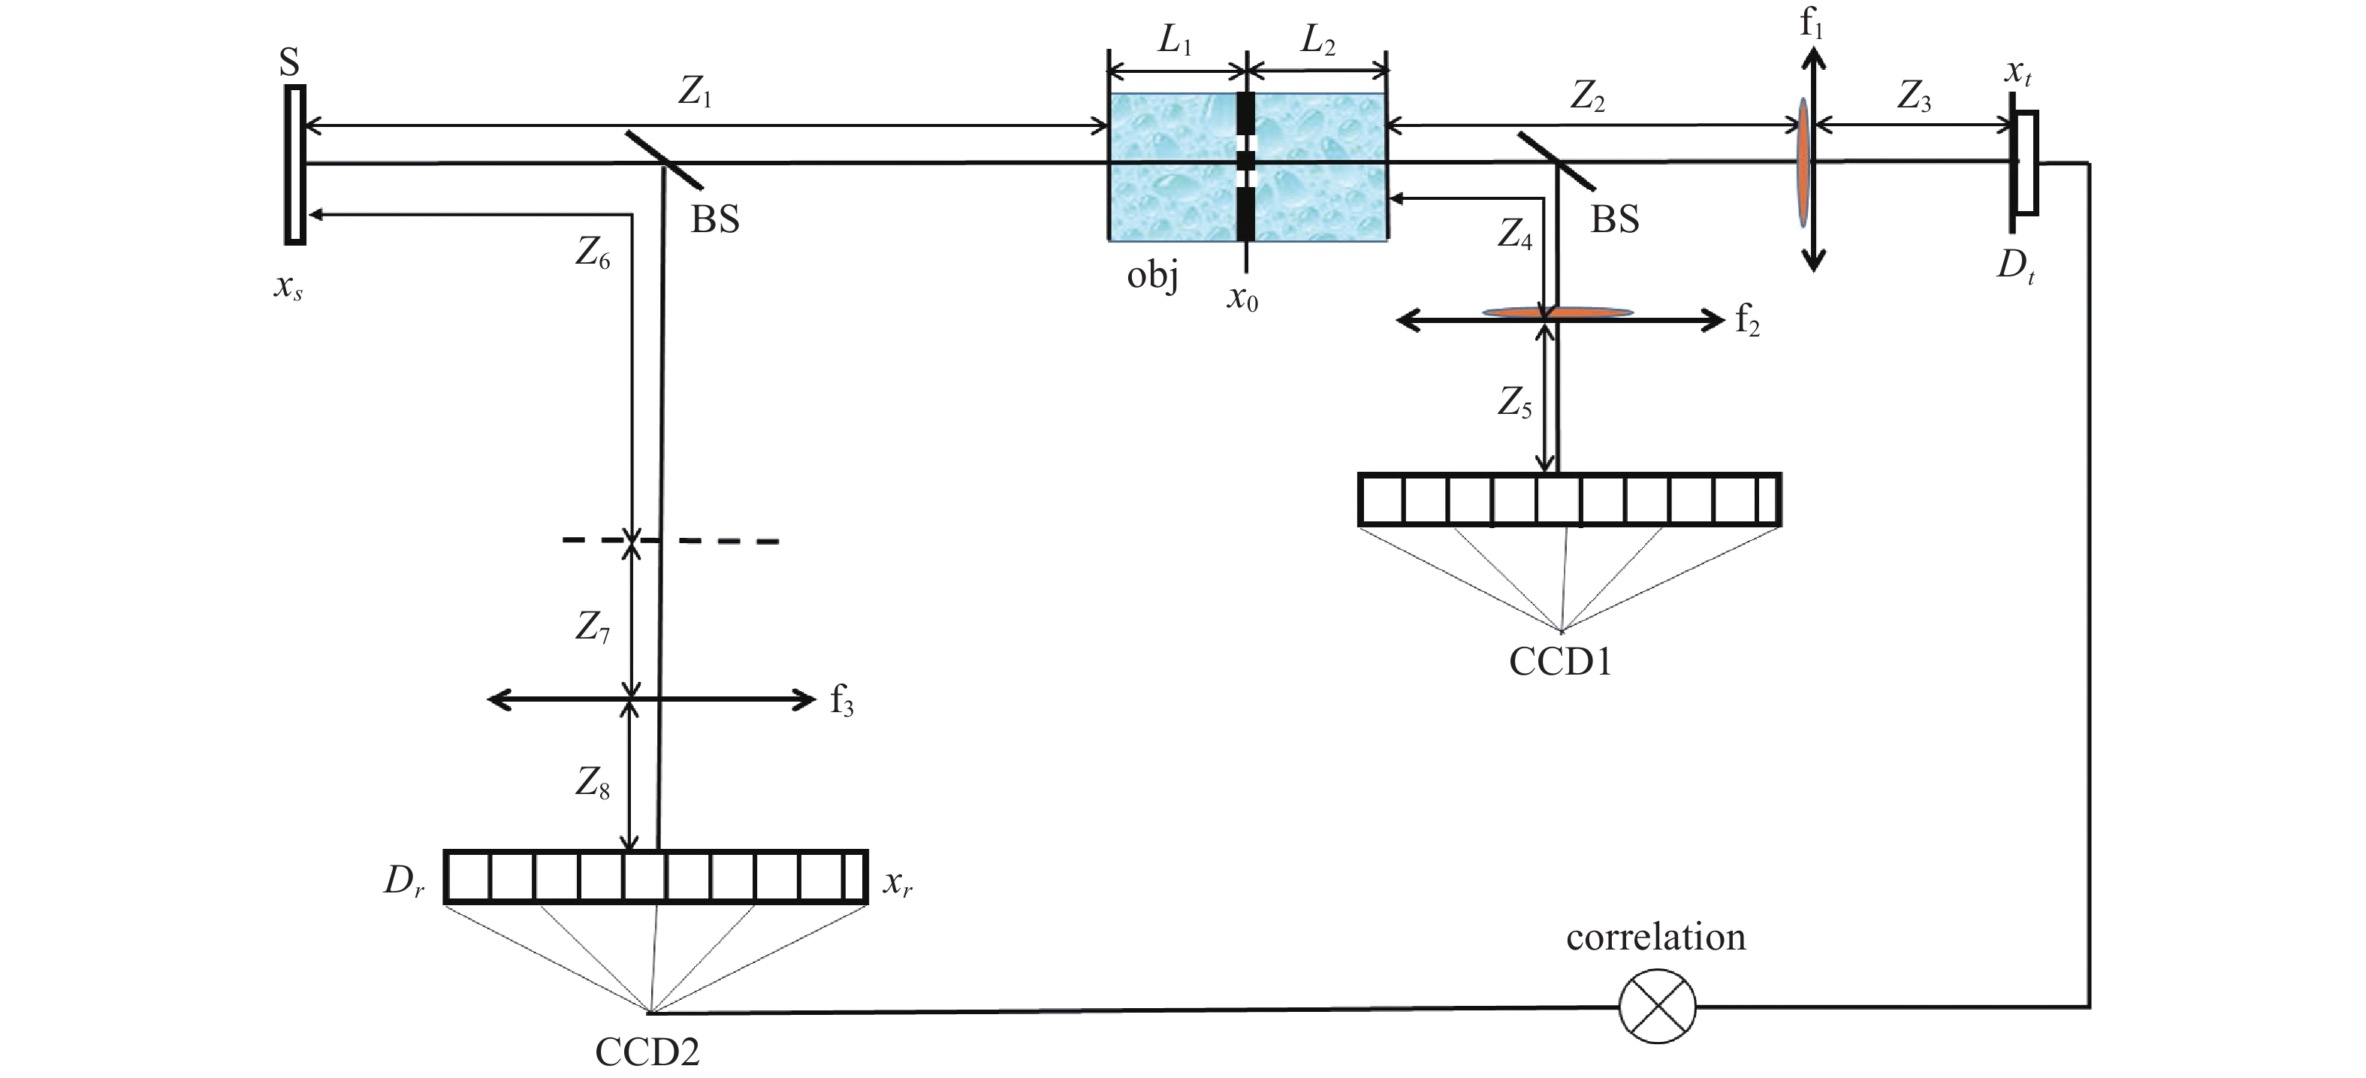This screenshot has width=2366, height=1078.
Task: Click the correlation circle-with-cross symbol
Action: [1657, 1007]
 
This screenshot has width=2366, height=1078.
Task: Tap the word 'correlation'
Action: [1656, 938]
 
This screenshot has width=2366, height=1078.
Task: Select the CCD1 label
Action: [1561, 661]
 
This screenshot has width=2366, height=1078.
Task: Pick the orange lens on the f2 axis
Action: [1559, 313]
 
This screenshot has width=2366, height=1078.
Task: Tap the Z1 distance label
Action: [696, 92]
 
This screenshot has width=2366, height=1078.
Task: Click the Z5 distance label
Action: [1514, 402]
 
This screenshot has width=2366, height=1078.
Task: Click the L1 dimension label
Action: [1175, 41]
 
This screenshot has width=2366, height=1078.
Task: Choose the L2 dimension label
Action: [1318, 41]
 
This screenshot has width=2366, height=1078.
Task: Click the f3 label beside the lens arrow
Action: [842, 701]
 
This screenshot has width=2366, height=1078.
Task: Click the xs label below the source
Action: [288, 288]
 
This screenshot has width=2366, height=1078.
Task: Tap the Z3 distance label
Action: [1914, 98]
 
